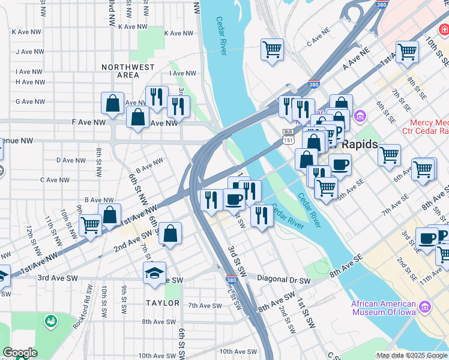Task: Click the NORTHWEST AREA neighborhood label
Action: pyautogui.click(x=128, y=71)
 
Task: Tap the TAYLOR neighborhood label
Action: pyautogui.click(x=162, y=303)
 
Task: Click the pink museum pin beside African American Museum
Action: pyautogui.click(x=426, y=307)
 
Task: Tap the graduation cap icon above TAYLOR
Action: pyautogui.click(x=154, y=273)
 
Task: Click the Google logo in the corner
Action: pyautogui.click(x=20, y=353)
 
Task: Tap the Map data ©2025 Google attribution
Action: pyautogui.click(x=412, y=355)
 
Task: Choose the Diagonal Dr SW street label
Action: pyautogui.click(x=284, y=279)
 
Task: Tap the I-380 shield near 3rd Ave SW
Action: pyautogui.click(x=232, y=280)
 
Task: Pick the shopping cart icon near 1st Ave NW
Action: pyautogui.click(x=90, y=226)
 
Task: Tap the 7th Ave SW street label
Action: pyautogui.click(x=205, y=305)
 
